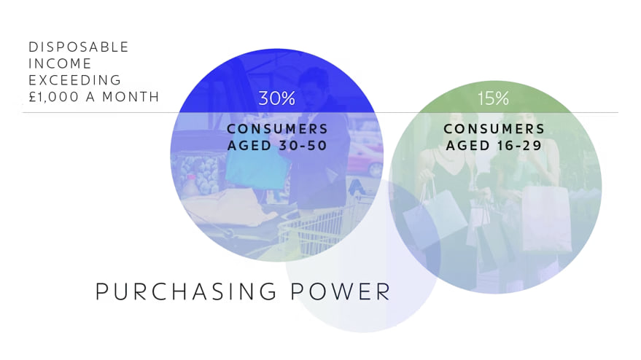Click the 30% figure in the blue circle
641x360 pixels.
(x=277, y=98)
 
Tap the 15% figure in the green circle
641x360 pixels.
(x=493, y=98)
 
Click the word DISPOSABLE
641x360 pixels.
(x=79, y=47)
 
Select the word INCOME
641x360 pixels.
(x=60, y=63)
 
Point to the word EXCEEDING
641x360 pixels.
(x=75, y=80)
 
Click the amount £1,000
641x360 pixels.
(x=53, y=97)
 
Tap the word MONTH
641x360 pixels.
(x=131, y=97)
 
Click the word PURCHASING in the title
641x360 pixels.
(x=187, y=291)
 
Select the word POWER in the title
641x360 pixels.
(x=341, y=291)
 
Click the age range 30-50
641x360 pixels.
(x=303, y=146)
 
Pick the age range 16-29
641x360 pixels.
(x=518, y=146)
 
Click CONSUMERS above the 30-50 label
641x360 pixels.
(x=277, y=129)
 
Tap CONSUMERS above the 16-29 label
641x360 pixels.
(x=494, y=129)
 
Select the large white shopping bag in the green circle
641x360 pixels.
(x=547, y=219)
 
